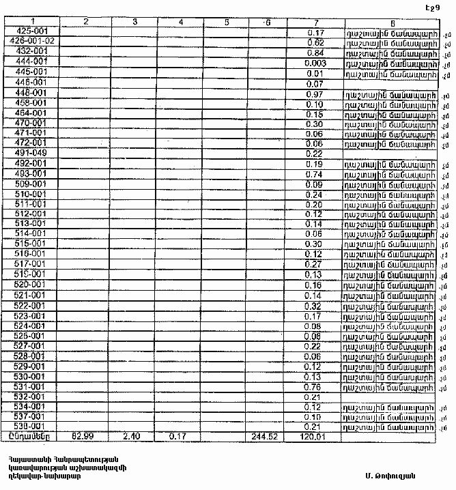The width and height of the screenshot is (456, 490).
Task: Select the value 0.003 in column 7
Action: point(315,63)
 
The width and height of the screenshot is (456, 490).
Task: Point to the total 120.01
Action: point(314,436)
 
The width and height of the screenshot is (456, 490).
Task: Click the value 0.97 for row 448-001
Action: point(315,93)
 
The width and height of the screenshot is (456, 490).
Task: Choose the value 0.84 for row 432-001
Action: point(315,53)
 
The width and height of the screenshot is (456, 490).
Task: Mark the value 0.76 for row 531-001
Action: point(315,387)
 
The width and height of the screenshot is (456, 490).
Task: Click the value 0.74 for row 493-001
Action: point(315,174)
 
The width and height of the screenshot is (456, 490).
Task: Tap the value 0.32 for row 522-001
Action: point(315,306)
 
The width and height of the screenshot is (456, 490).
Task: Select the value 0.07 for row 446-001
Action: point(315,83)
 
